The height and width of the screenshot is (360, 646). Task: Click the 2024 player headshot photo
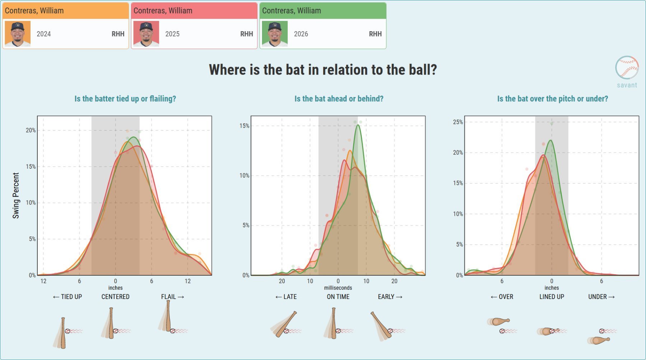tap(18, 34)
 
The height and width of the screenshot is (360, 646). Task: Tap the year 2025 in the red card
tap(172, 34)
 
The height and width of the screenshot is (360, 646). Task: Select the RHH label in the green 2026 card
tap(375, 34)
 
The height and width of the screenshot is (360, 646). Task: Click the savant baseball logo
tap(627, 67)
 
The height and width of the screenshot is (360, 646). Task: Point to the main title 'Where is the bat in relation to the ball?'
tap(323, 70)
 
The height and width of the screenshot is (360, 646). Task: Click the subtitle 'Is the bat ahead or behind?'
tap(339, 99)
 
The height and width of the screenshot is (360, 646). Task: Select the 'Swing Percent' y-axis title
tap(16, 196)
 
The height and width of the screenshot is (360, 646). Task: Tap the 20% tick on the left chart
tap(31, 130)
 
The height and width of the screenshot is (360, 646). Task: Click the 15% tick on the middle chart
tap(244, 126)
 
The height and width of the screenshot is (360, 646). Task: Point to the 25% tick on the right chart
tap(458, 122)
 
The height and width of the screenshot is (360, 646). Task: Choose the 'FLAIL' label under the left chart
tap(168, 297)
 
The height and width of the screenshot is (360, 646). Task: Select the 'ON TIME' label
tap(338, 297)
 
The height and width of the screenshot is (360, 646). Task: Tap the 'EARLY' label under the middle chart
tap(386, 297)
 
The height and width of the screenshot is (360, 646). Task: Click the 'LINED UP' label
tap(552, 297)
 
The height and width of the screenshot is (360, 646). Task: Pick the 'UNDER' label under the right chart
tap(598, 297)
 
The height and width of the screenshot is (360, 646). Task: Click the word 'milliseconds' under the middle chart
tap(338, 288)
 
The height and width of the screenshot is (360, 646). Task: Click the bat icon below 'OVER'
tap(499, 321)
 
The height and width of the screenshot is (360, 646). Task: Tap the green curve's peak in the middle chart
tap(358, 125)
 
